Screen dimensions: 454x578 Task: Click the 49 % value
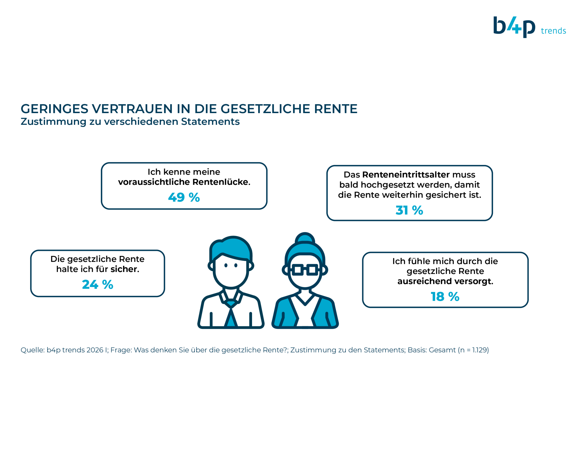tap(184, 197)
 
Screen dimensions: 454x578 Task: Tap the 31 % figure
tap(409, 210)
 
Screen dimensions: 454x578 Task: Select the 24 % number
tap(97, 284)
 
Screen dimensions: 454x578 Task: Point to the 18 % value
tap(445, 297)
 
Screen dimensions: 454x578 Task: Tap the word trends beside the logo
tap(553, 31)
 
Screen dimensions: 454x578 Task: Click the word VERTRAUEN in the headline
tap(132, 109)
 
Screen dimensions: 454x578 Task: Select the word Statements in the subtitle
tap(210, 122)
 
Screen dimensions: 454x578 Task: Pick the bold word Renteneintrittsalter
tap(406, 175)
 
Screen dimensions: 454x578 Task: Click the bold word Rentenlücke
tap(222, 182)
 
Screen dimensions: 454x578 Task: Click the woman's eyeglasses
tap(305, 270)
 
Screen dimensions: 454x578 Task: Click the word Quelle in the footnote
tap(32, 350)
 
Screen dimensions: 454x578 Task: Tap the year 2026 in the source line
tap(95, 350)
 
